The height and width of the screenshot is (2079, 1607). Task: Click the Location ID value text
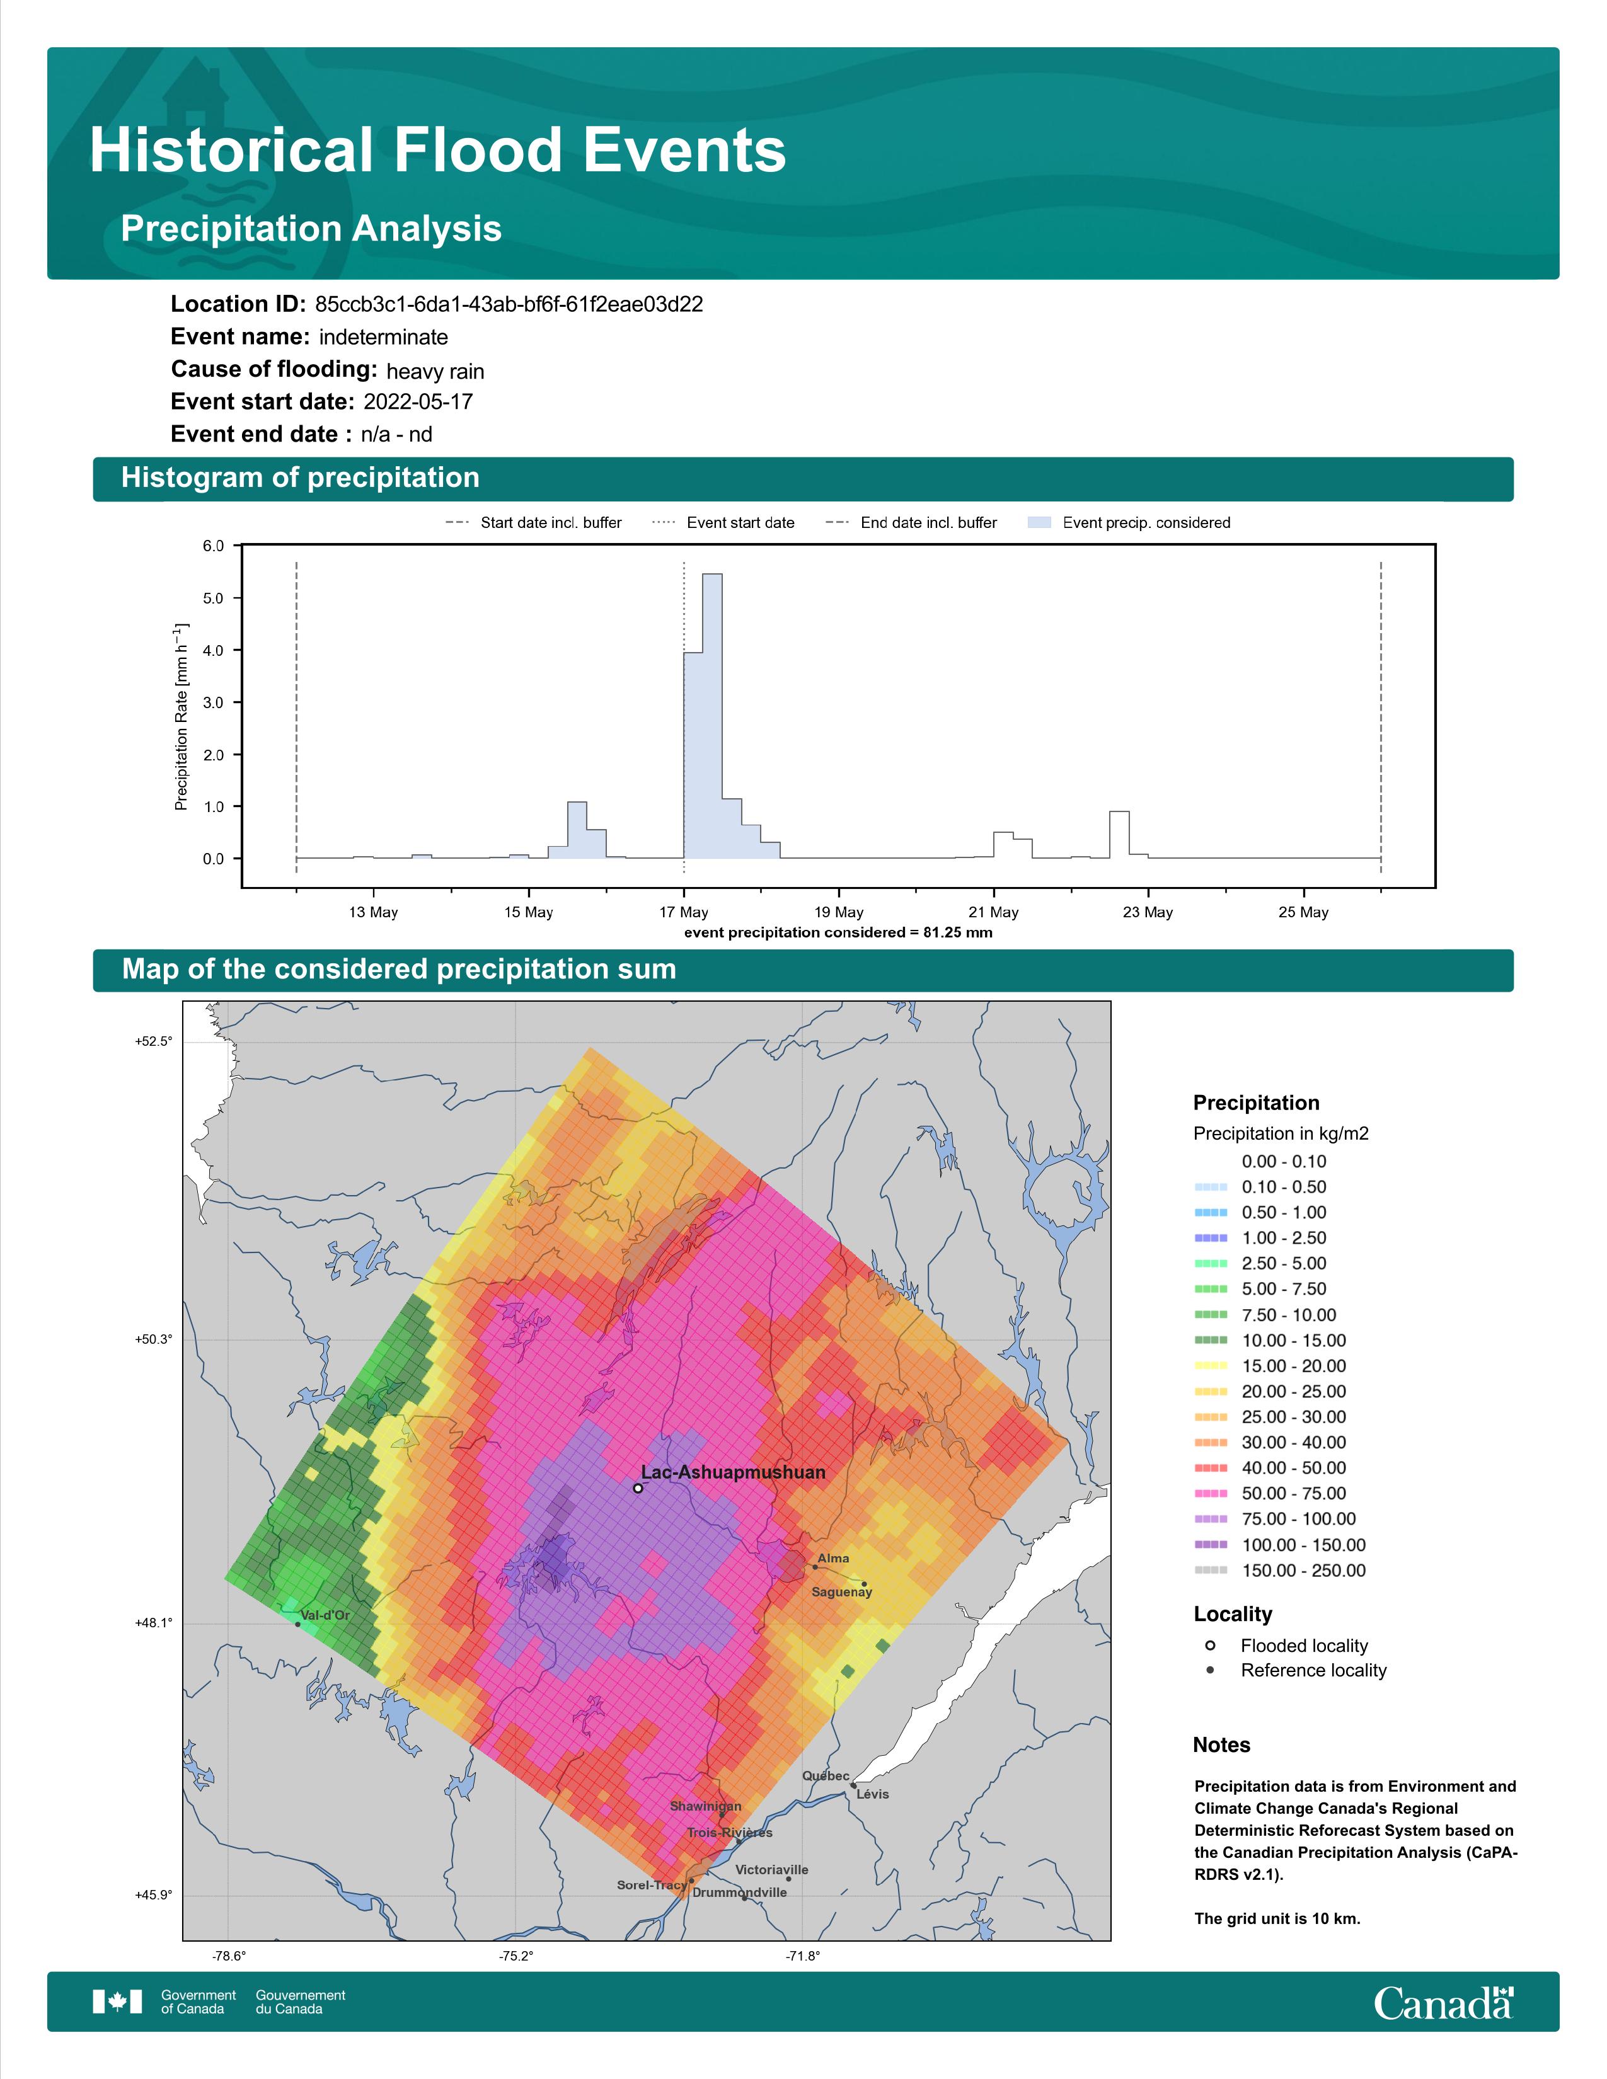click(x=509, y=305)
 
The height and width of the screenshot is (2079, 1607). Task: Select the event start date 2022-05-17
click(x=418, y=402)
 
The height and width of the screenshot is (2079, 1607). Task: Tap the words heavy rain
click(x=435, y=371)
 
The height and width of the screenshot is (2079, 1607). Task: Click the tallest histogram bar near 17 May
click(x=712, y=716)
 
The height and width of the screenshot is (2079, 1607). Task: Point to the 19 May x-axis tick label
click(x=839, y=912)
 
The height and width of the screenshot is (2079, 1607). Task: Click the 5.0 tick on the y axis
click(x=213, y=598)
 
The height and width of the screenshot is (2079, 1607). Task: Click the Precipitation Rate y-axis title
click(x=181, y=717)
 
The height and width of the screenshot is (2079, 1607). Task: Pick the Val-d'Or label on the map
click(x=325, y=1615)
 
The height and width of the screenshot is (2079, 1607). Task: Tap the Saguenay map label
click(x=841, y=1591)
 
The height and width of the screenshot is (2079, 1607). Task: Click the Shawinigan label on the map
click(x=705, y=1806)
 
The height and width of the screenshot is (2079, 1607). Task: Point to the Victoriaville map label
click(x=772, y=1870)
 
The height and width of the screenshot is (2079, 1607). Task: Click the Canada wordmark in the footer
click(x=1443, y=2003)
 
